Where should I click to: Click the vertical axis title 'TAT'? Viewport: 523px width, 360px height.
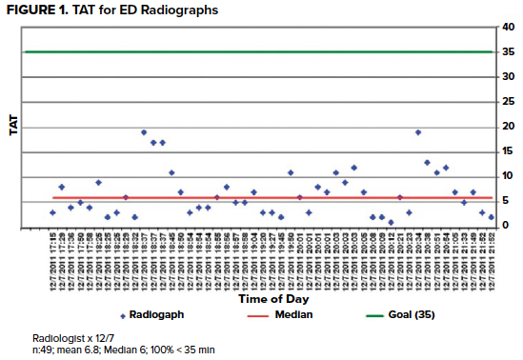[x=13, y=127]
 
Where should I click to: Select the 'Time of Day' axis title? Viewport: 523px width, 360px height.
[x=257, y=298]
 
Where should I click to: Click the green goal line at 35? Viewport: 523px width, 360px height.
[x=257, y=52]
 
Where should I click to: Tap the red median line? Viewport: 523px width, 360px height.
[x=257, y=197]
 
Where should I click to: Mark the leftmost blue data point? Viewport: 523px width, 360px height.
[x=52, y=212]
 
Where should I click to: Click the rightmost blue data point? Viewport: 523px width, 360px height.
[x=491, y=217]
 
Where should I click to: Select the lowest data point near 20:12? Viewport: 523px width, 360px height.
[x=391, y=222]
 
